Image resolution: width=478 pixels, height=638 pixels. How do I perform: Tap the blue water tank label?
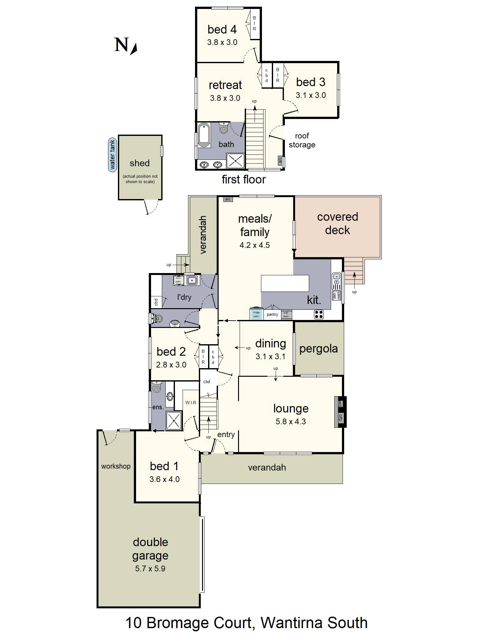[x=112, y=155]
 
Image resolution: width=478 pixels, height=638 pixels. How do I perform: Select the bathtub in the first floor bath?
[x=204, y=135]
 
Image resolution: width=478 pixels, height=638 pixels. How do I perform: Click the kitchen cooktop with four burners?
[x=319, y=314]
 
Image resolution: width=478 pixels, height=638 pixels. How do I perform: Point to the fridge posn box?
[x=256, y=314]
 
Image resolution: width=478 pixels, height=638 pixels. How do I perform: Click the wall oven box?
[x=286, y=315]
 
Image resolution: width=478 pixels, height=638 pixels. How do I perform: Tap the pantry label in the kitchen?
[x=272, y=315]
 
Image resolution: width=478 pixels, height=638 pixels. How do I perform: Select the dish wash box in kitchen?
[x=337, y=295]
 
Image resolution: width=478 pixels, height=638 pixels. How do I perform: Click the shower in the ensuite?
[x=174, y=420]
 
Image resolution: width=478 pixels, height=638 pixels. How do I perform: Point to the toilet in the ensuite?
[x=157, y=387]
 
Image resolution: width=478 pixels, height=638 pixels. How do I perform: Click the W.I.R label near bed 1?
[x=191, y=403]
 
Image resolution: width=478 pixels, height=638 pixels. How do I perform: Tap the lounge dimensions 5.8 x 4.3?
[x=291, y=421]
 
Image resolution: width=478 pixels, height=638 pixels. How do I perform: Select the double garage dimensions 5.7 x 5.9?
[x=150, y=568]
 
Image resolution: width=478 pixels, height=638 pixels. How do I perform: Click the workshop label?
[x=116, y=466]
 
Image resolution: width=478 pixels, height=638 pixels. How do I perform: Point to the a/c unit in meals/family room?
[x=228, y=199]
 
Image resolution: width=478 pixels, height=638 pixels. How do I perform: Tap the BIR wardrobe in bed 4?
[x=254, y=24]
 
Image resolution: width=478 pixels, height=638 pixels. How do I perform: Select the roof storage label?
[x=302, y=140]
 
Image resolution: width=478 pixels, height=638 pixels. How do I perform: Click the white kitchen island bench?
[x=285, y=283]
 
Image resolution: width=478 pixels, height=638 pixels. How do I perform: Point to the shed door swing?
[x=151, y=207]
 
